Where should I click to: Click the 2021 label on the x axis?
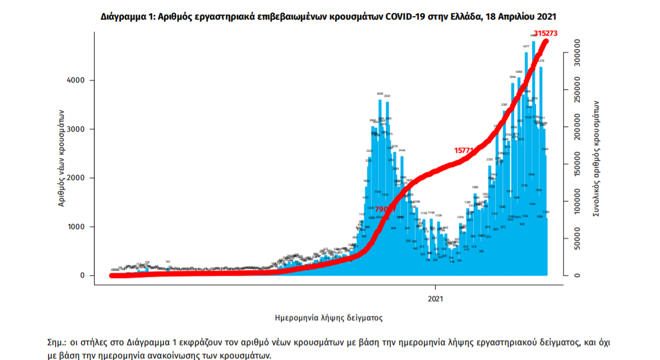coord(436,298)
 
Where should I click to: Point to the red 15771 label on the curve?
coord(464,150)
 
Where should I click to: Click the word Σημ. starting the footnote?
coord(57,342)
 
